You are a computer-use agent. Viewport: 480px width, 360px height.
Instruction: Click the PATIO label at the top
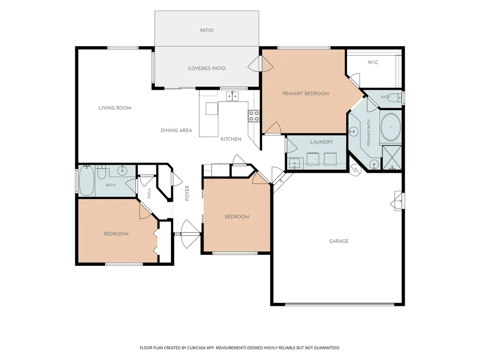tap(206, 30)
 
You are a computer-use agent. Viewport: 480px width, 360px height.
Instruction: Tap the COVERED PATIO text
tap(206, 68)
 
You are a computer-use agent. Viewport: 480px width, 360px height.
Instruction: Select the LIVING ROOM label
tap(115, 108)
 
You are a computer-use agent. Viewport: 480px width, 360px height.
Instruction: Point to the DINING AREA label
tap(176, 131)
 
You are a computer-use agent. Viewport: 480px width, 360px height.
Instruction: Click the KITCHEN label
tap(231, 139)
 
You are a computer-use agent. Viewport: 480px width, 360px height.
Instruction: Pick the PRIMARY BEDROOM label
tap(305, 94)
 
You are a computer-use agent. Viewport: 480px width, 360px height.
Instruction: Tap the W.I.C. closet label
tap(373, 62)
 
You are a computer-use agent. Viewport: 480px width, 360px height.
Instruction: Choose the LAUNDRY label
tap(322, 142)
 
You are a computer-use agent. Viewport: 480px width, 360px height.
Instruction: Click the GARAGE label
tap(339, 241)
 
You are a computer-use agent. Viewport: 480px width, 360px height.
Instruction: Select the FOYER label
tap(187, 193)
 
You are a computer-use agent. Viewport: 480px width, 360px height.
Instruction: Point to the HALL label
tap(149, 193)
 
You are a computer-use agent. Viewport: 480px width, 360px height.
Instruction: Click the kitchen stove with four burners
tap(254, 116)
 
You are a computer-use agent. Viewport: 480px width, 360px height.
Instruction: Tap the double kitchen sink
tap(232, 96)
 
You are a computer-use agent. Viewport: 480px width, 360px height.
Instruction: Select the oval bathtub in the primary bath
tap(391, 127)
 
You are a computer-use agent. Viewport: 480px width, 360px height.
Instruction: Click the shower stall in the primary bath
tap(392, 157)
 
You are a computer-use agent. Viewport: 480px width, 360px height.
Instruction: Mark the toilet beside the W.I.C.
tap(397, 97)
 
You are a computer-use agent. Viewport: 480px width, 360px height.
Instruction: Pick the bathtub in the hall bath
tap(86, 181)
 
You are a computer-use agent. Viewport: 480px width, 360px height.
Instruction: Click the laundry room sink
tap(295, 164)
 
